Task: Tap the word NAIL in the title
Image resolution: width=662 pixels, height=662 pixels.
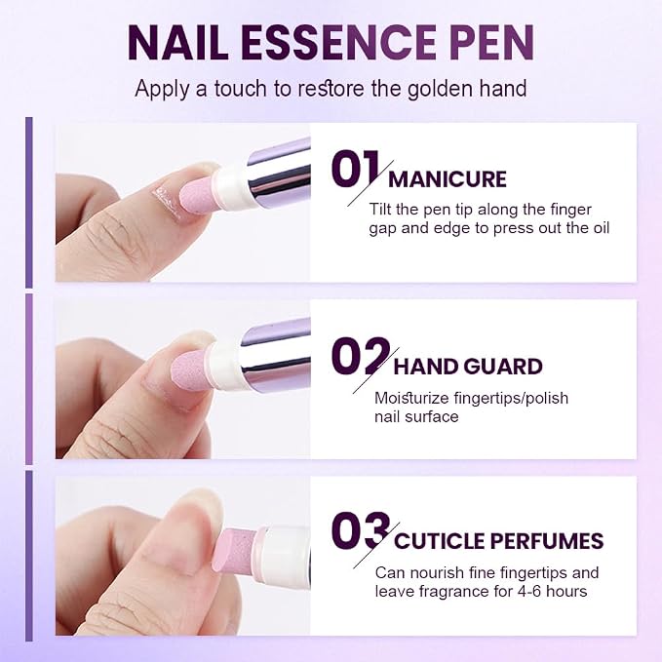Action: coord(177,43)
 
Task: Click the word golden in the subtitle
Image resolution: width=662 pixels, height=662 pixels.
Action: coord(440,90)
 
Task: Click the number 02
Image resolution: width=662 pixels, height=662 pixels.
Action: coord(360,356)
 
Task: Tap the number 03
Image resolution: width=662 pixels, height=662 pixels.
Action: coord(361,530)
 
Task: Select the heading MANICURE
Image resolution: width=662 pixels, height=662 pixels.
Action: coord(448,179)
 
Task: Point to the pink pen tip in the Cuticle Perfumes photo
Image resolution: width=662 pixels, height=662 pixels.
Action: coord(235,549)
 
